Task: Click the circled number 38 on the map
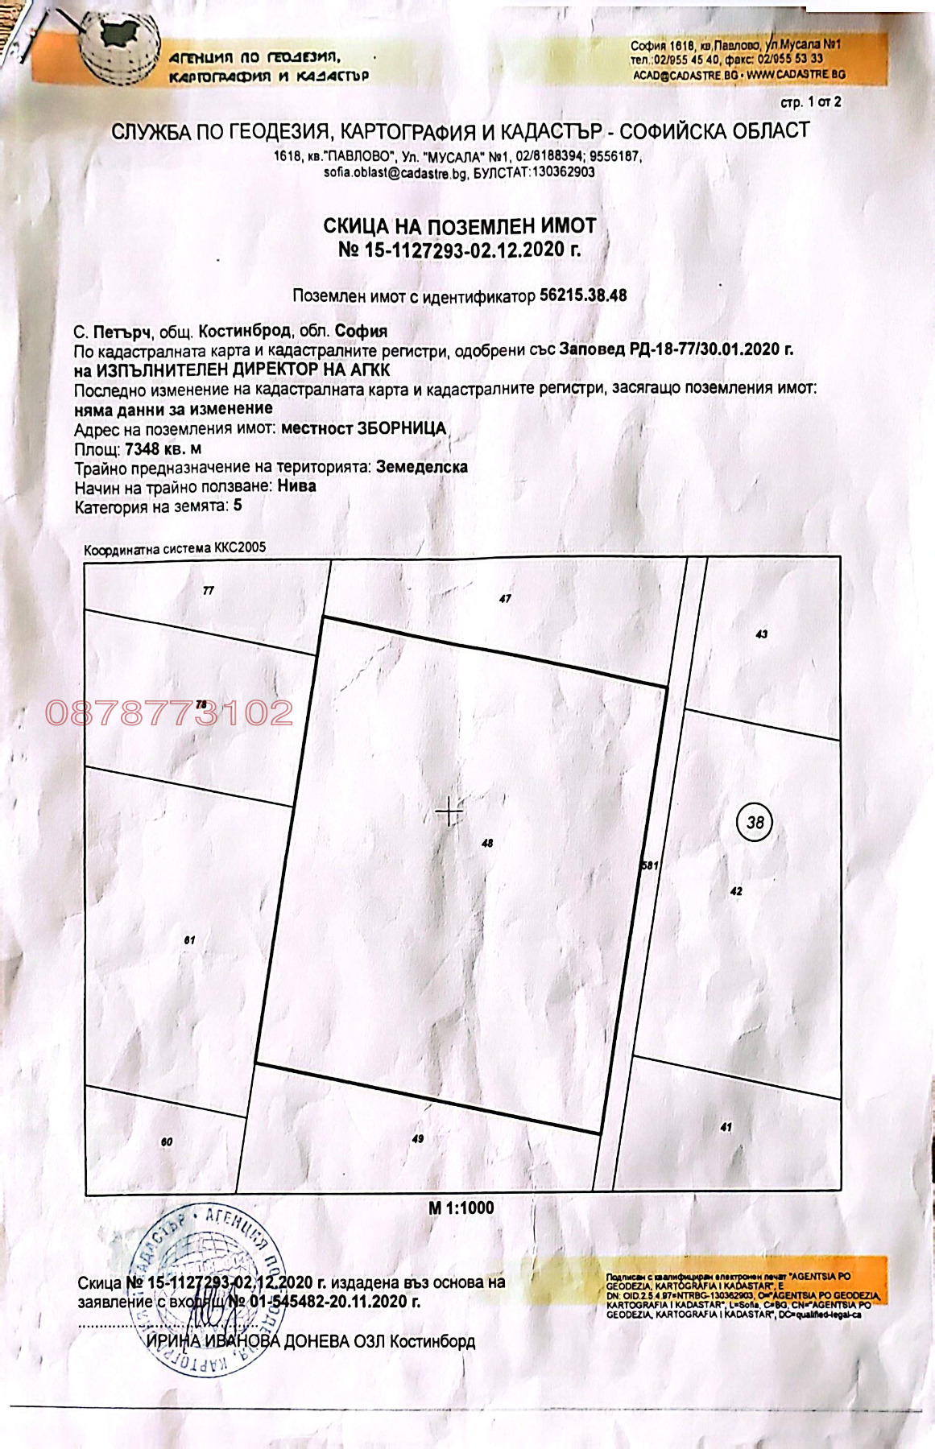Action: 755,822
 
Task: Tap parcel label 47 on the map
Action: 505,599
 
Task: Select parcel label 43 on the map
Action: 761,634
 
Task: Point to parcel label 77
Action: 209,591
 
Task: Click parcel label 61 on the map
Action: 189,939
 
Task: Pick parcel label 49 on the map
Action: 417,1139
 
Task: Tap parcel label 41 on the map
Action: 726,1128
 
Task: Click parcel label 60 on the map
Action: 166,1142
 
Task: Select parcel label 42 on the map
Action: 735,891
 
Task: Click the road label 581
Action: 650,866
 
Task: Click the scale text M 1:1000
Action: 461,1207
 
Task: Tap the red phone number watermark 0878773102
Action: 169,713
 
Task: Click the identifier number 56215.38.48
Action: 583,295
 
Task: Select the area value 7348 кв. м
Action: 163,448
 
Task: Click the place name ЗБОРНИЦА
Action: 402,428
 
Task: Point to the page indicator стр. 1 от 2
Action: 810,102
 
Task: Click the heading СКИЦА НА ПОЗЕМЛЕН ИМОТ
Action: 460,225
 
